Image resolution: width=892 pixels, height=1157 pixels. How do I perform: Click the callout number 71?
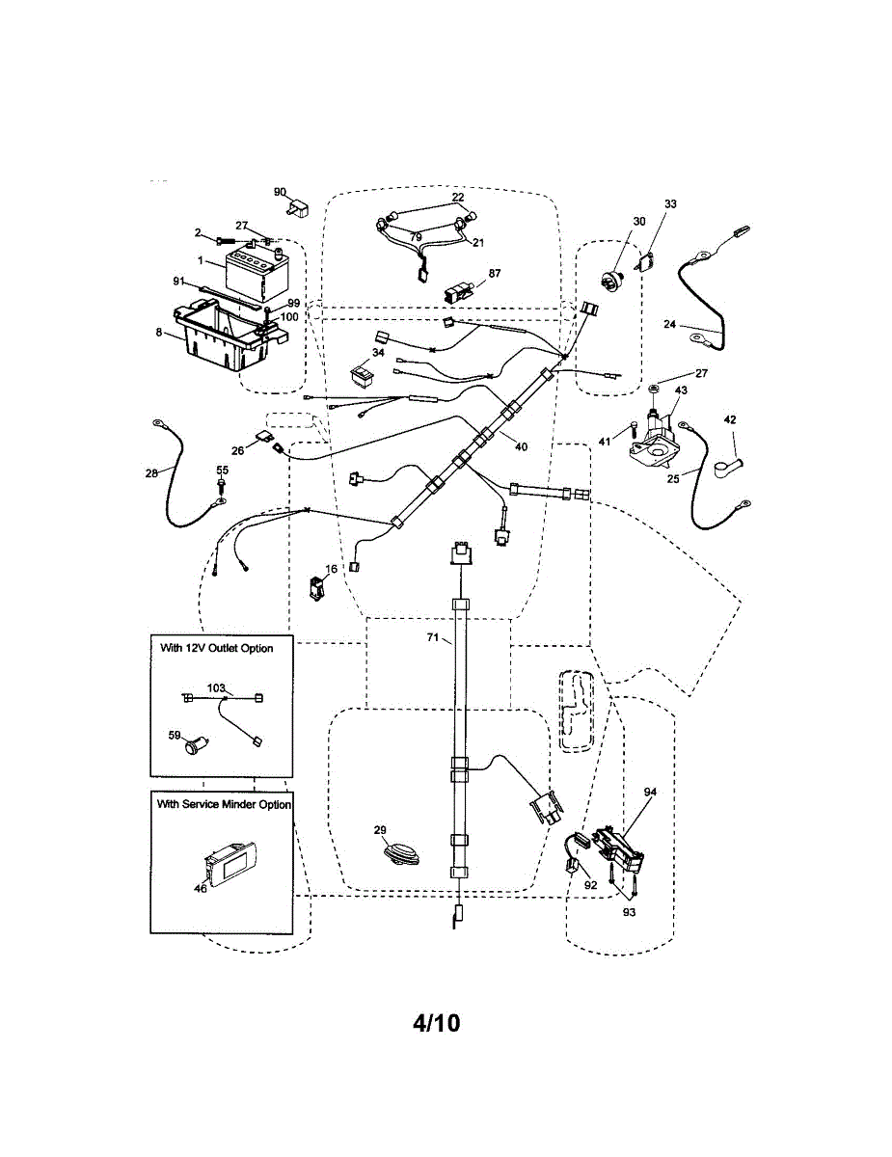click(433, 637)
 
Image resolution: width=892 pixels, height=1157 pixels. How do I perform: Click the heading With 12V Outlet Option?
click(216, 649)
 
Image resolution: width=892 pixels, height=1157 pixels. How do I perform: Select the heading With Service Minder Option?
click(224, 804)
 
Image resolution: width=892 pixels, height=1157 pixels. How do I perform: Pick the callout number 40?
click(521, 446)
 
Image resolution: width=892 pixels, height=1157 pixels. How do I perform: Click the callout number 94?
click(650, 792)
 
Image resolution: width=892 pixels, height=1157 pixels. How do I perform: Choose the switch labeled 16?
click(315, 586)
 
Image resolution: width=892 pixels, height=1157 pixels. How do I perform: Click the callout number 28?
click(149, 471)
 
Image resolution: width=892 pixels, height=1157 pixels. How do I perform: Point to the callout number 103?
click(217, 688)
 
